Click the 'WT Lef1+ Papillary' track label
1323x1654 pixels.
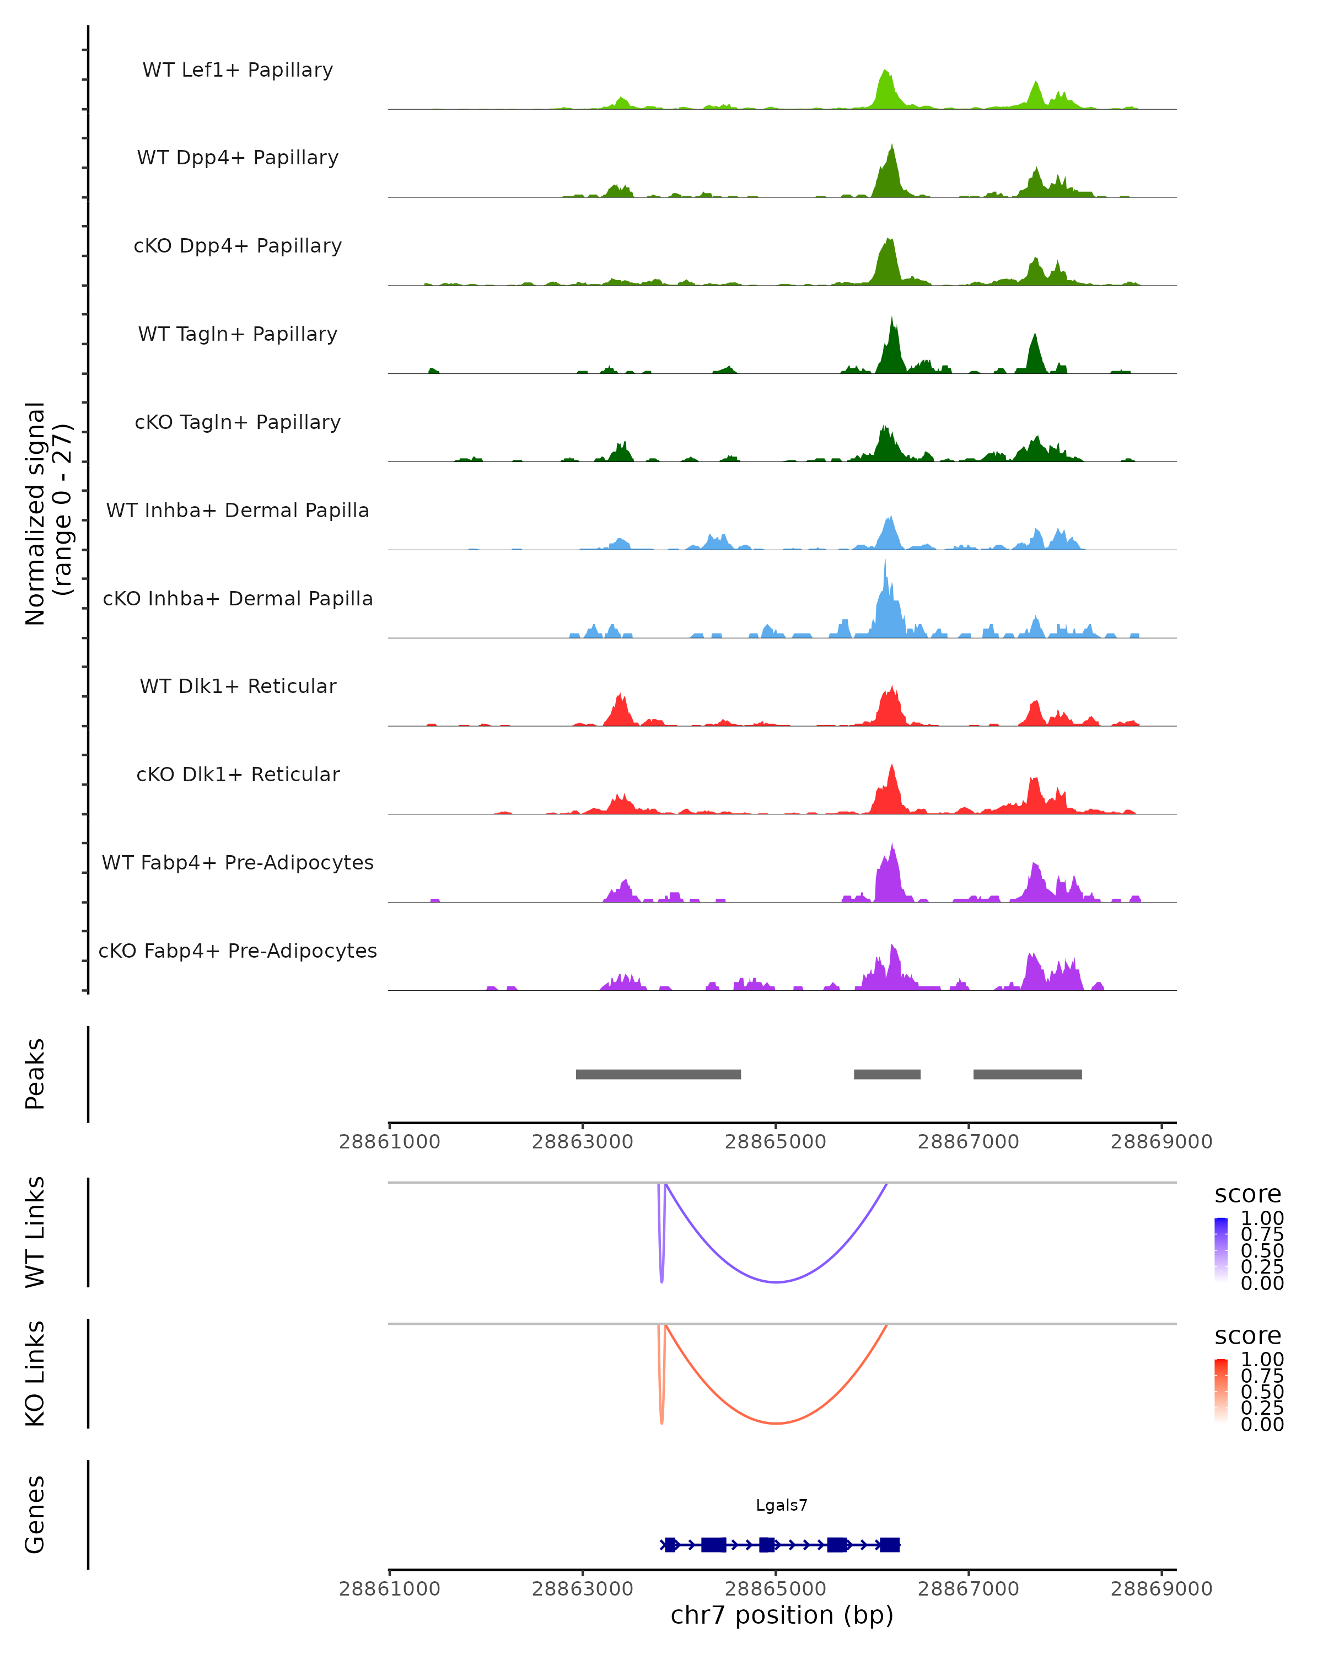tap(238, 70)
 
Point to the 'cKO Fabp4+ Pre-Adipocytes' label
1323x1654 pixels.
tap(238, 950)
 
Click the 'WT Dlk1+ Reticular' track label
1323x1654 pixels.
tap(238, 686)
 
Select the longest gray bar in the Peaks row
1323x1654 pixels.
tap(658, 1074)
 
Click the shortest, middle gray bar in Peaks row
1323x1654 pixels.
tap(888, 1074)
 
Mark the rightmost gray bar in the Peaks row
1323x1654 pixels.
tap(1028, 1074)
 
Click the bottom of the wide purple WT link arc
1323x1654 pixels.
tap(776, 1282)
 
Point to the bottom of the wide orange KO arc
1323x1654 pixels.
tap(776, 1423)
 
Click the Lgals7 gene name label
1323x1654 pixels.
tap(782, 1505)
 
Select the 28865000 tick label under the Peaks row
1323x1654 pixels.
tap(776, 1142)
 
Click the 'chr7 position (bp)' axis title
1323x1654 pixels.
tap(782, 1615)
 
